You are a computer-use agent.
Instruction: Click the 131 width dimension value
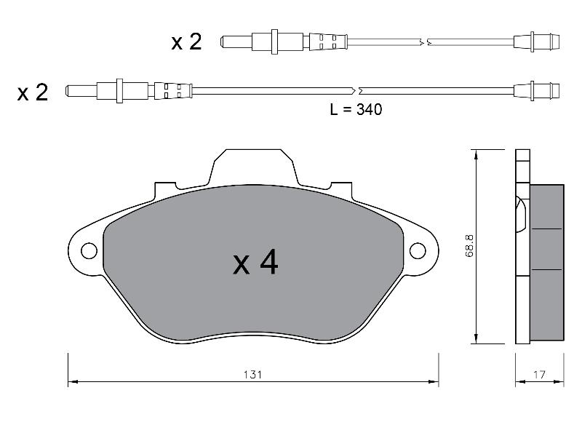252,375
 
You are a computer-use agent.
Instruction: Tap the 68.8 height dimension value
469,246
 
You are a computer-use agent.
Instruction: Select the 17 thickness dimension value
539,375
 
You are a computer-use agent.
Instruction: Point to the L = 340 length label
356,109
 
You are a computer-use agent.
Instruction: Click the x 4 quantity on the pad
255,262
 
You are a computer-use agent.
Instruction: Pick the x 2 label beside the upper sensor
186,41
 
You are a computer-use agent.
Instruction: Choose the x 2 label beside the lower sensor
33,92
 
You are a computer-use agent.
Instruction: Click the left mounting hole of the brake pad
89,251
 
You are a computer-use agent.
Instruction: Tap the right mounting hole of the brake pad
418,251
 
